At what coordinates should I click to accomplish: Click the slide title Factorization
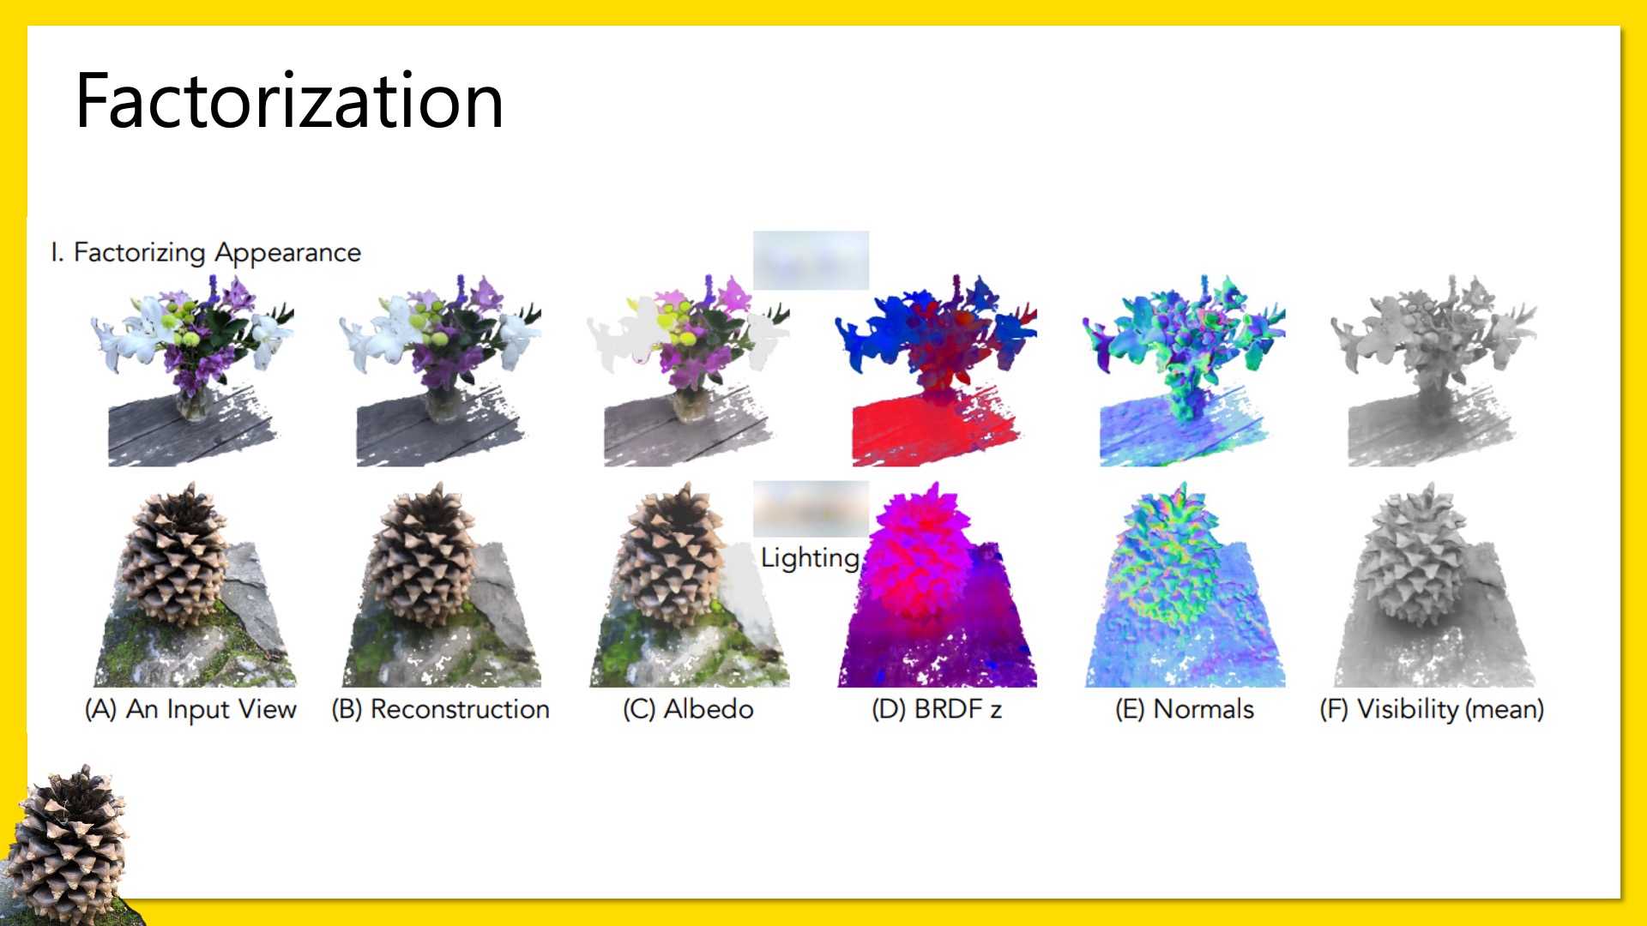click(289, 101)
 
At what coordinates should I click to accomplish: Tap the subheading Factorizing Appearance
click(217, 253)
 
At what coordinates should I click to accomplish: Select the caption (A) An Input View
click(190, 709)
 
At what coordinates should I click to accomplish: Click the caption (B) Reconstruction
click(440, 709)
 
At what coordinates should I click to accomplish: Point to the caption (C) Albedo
click(688, 709)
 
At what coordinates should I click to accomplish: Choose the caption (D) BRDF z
click(937, 709)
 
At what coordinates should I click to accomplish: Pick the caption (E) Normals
click(1185, 709)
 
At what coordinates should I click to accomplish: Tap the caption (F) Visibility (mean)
click(1432, 709)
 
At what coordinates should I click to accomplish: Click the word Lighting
click(810, 558)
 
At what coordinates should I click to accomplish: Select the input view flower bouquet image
click(193, 370)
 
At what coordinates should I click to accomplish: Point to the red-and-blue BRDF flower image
click(936, 370)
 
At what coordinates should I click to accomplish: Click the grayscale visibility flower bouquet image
click(1433, 370)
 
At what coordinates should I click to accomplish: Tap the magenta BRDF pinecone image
click(938, 585)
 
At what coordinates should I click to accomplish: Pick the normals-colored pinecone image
click(1185, 585)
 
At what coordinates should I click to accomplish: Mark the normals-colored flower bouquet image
click(1185, 370)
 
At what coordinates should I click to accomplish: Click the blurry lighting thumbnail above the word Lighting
click(811, 508)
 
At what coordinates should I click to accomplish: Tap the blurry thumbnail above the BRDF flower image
click(811, 260)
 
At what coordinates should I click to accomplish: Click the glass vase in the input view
click(195, 401)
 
